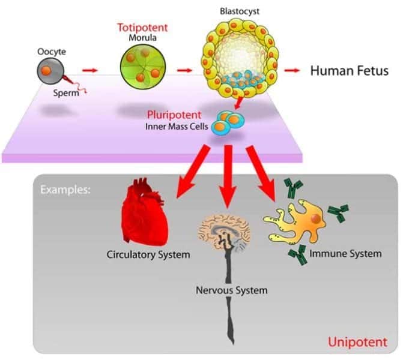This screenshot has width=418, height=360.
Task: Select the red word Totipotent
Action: [x=142, y=28]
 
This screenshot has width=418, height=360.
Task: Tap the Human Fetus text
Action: [x=349, y=71]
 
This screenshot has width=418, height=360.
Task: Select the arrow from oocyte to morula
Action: [x=89, y=71]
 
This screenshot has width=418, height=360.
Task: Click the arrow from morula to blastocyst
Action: [x=184, y=71]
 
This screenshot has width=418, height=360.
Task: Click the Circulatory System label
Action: [x=148, y=254]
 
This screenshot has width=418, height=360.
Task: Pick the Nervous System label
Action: [x=231, y=290]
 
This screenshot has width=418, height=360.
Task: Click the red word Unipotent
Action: [x=357, y=343]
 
